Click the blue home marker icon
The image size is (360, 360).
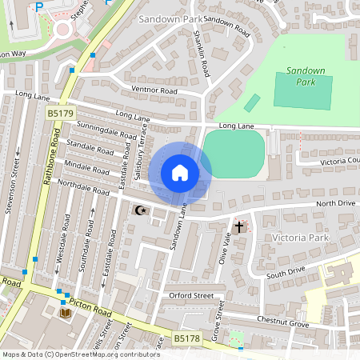(x=180, y=173)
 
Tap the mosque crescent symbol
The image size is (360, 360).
(x=141, y=210)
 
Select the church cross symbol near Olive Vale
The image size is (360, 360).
(x=238, y=227)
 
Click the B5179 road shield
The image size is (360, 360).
(x=59, y=114)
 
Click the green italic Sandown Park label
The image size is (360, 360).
(x=306, y=76)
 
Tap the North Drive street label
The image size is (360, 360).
(x=335, y=204)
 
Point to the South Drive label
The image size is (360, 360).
(x=286, y=273)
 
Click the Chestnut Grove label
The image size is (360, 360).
(x=282, y=322)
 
